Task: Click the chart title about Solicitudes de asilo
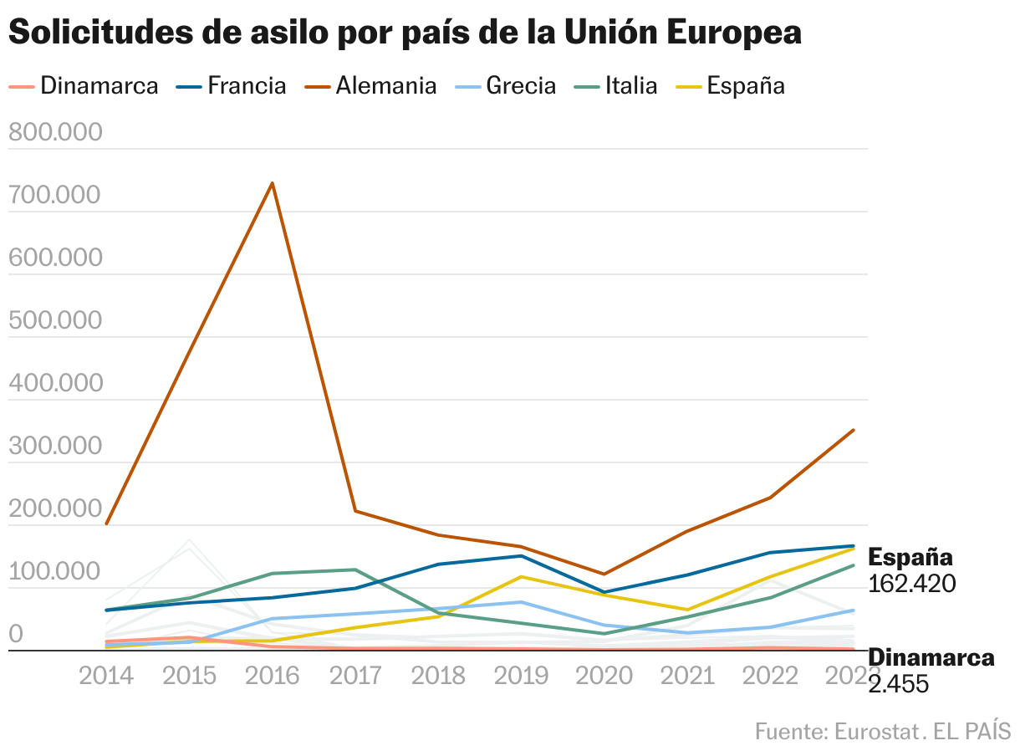point(405,33)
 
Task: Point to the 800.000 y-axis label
point(54,133)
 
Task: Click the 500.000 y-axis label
point(54,321)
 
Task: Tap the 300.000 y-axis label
point(54,447)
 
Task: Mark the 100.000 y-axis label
point(54,573)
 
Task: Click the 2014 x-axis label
point(106,676)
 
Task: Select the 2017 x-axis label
point(355,676)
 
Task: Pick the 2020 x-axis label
point(604,676)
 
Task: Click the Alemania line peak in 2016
point(272,183)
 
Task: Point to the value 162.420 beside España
point(911,583)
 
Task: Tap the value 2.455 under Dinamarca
point(899,684)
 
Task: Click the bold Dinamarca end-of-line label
point(931,657)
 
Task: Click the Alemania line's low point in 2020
point(604,575)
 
